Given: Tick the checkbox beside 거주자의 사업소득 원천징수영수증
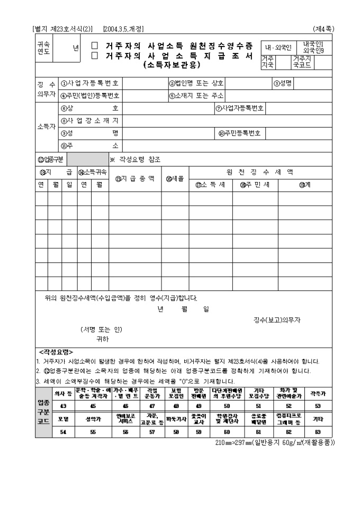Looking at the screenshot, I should coord(95,46).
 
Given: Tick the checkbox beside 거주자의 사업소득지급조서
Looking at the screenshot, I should coord(95,56).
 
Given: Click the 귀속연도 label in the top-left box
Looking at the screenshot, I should coord(43,51).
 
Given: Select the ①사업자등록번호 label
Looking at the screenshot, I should coord(89,83).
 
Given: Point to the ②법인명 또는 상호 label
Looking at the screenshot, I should coord(196,83).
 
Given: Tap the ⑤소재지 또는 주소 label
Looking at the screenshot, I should coord(196,96).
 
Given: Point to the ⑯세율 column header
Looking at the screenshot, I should coord(175,179).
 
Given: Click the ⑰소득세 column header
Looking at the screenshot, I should coord(211,185).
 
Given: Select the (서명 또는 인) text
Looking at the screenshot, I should coord(101,330).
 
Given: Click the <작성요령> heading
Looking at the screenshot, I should coord(56,352).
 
